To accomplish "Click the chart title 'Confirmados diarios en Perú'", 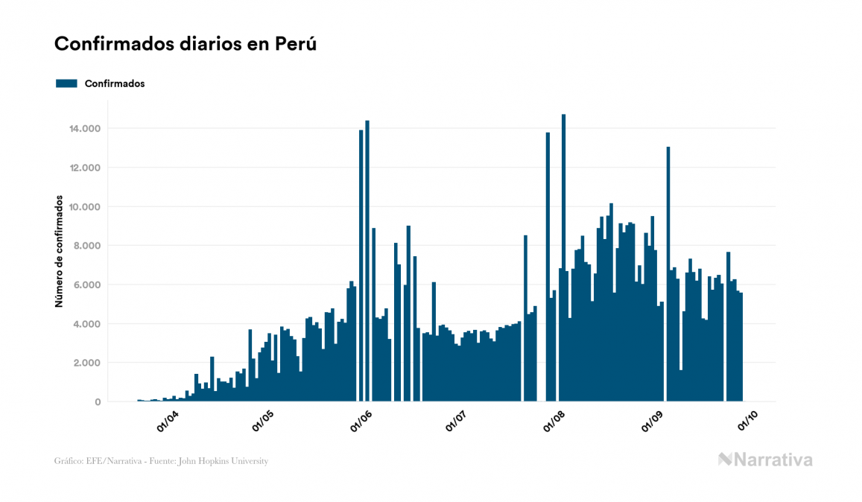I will pos(186,44).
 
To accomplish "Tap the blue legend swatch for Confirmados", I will pos(66,83).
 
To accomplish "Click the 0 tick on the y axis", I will pos(98,402).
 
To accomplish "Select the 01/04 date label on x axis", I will pos(167,422).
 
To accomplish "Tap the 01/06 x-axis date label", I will pos(361,422).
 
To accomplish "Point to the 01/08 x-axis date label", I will pos(554,422).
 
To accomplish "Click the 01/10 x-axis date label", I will pos(747,422).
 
